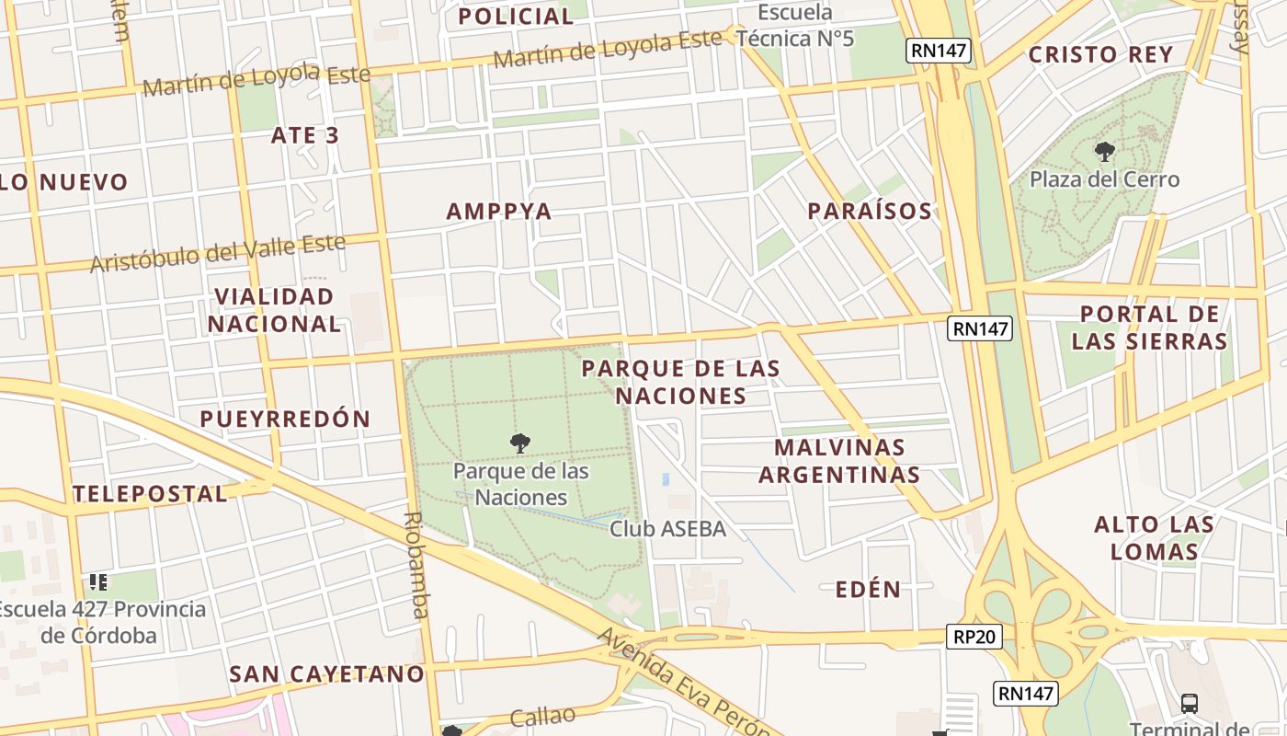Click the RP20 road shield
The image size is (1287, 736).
(974, 636)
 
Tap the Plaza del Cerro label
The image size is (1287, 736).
(1104, 179)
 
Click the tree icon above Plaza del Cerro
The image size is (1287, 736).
(1104, 152)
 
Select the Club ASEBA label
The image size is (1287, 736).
(667, 529)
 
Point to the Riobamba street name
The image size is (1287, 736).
(416, 565)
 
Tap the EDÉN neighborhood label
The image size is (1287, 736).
(868, 590)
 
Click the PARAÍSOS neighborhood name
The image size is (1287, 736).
(870, 211)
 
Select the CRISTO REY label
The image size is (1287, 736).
(1100, 54)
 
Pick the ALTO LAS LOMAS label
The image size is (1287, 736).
(1154, 538)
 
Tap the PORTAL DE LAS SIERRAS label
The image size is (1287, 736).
(1149, 328)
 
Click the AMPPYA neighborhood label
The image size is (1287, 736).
(499, 212)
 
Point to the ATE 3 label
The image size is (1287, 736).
(305, 135)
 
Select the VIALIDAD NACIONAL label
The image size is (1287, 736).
(274, 310)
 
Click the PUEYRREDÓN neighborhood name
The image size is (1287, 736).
(285, 419)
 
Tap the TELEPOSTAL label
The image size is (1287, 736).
(150, 494)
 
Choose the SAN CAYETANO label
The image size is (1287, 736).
(326, 674)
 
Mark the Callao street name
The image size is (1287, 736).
(542, 716)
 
